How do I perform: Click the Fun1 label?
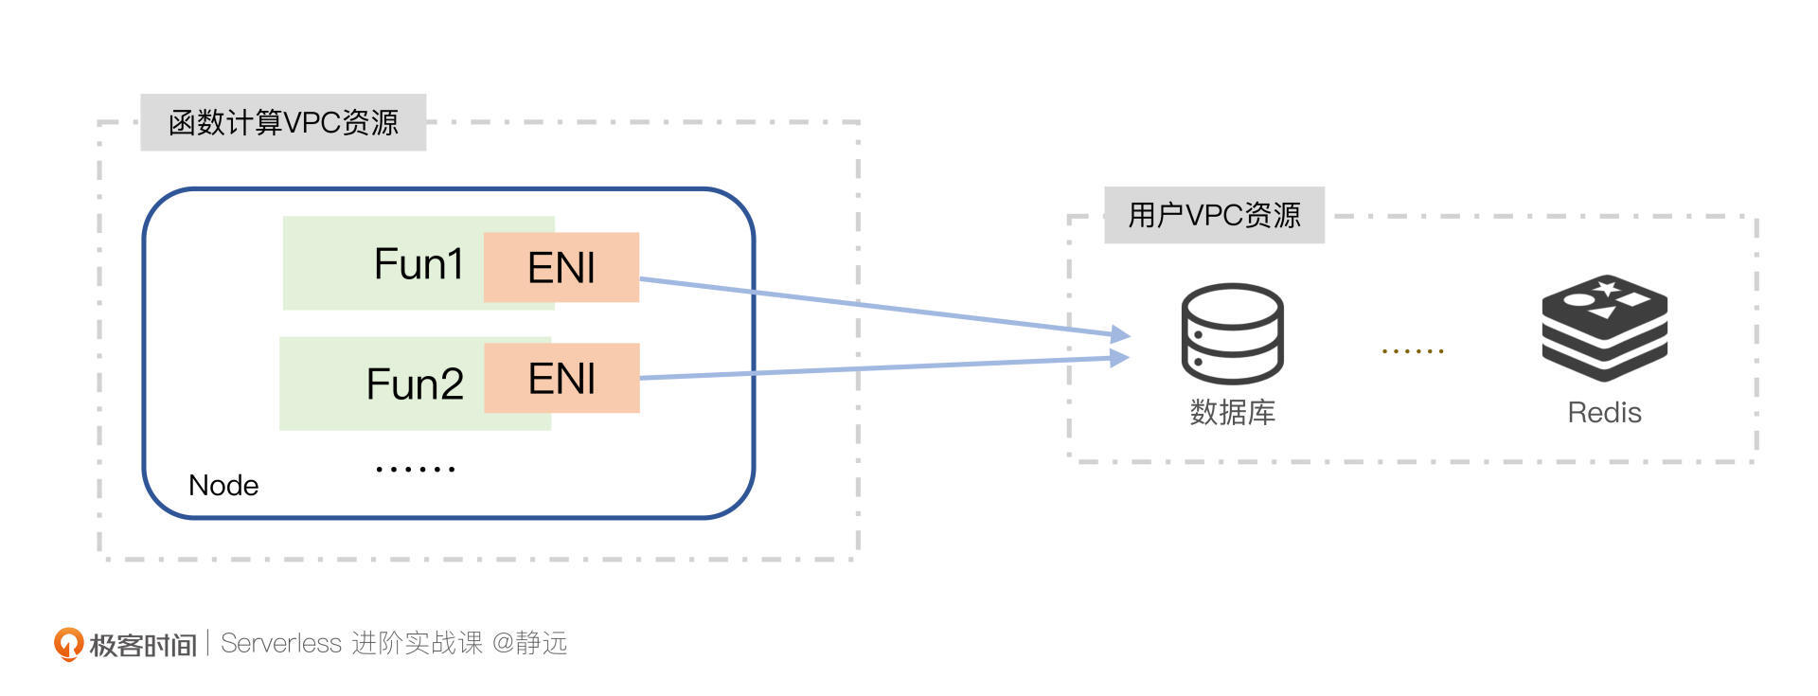tap(418, 264)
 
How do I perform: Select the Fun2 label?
tap(415, 384)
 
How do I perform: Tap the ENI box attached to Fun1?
tap(561, 268)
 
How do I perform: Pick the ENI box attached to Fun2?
tap(561, 379)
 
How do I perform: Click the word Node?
tap(223, 486)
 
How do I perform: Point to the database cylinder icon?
tap(1232, 333)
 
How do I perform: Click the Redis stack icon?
tap(1604, 328)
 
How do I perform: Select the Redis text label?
tap(1604, 413)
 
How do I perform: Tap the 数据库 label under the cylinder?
tap(1232, 413)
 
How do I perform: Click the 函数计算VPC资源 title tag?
tap(283, 123)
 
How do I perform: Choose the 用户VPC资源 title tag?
tap(1214, 216)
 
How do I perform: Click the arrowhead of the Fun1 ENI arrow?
tap(1121, 334)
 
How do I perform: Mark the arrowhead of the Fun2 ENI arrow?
tap(1120, 358)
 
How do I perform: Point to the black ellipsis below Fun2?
tap(416, 469)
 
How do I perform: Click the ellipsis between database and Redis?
tap(1412, 351)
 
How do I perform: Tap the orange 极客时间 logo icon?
tap(67, 644)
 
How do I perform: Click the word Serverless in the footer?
tap(280, 644)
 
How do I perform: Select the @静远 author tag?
tap(530, 644)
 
